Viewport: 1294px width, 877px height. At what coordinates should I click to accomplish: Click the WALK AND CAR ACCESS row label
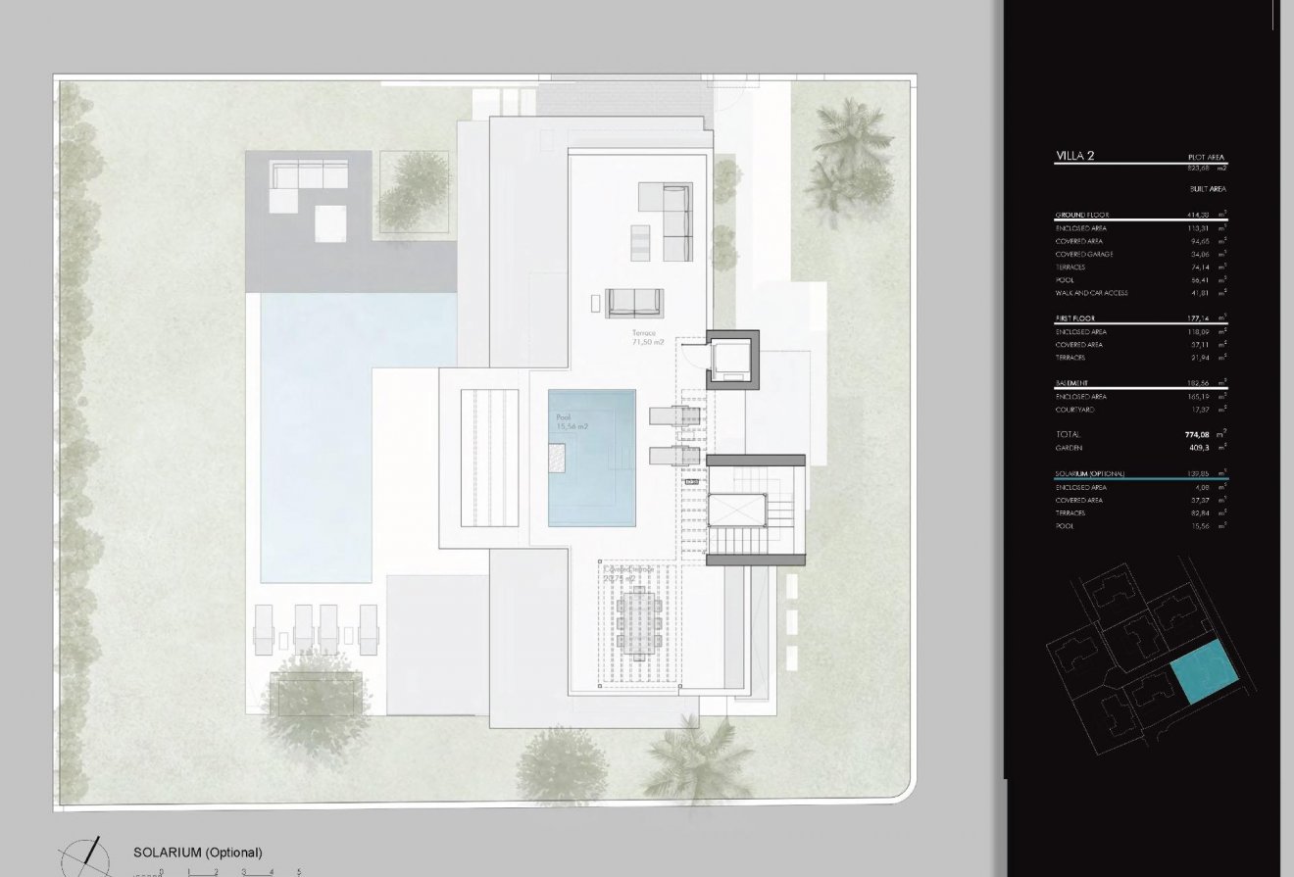(x=1091, y=293)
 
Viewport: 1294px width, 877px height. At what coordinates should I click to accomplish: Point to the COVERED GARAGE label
(x=1084, y=254)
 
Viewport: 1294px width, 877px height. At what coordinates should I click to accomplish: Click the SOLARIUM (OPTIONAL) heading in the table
(x=1089, y=474)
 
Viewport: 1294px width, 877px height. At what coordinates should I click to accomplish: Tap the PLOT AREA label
(x=1206, y=158)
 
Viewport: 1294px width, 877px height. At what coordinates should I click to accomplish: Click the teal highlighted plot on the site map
(x=1202, y=672)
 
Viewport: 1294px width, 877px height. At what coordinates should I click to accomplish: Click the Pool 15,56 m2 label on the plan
(x=571, y=422)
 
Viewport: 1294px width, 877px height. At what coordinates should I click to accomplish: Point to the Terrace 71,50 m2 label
(x=648, y=338)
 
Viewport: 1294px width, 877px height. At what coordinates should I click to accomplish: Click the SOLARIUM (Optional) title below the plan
(x=198, y=853)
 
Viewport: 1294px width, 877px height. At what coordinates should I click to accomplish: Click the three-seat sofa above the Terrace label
(x=634, y=302)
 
